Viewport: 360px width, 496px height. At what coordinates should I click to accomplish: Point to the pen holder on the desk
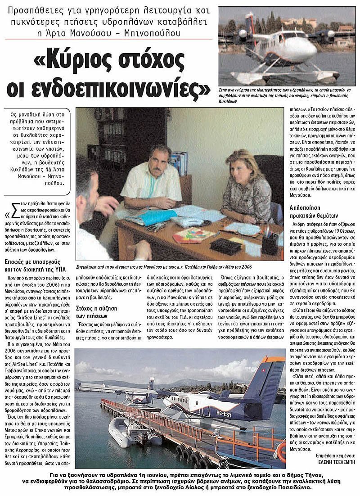coord(270,243)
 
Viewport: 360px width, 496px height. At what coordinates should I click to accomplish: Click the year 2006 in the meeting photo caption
coord(245,267)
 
